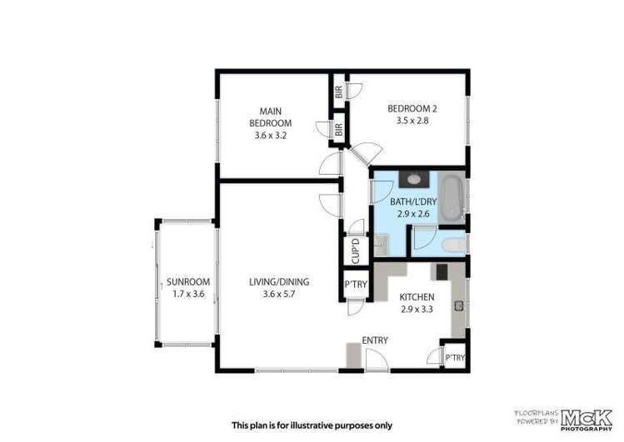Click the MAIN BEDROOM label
tap(269, 117)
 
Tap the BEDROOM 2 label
tap(412, 108)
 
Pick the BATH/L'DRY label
tap(412, 202)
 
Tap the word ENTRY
tap(374, 340)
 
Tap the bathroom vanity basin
tap(413, 177)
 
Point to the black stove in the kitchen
tap(440, 271)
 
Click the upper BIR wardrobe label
tap(339, 93)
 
